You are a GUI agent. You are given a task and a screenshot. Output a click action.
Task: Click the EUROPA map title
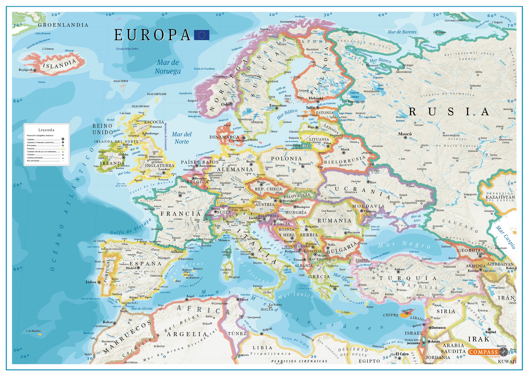[152, 35]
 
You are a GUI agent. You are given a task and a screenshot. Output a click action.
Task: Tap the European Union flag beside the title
[201, 35]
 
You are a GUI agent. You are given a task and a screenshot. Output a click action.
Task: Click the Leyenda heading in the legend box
[46, 130]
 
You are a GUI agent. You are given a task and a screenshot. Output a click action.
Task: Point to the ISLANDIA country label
[59, 65]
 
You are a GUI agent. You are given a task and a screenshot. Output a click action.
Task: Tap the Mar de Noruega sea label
[168, 67]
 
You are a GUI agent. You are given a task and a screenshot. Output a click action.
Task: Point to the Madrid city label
[131, 268]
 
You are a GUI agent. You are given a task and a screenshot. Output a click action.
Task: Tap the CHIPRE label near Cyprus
[391, 315]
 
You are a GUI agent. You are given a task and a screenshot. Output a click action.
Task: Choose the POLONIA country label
[287, 159]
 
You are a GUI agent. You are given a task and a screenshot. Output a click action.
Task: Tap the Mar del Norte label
[181, 138]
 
